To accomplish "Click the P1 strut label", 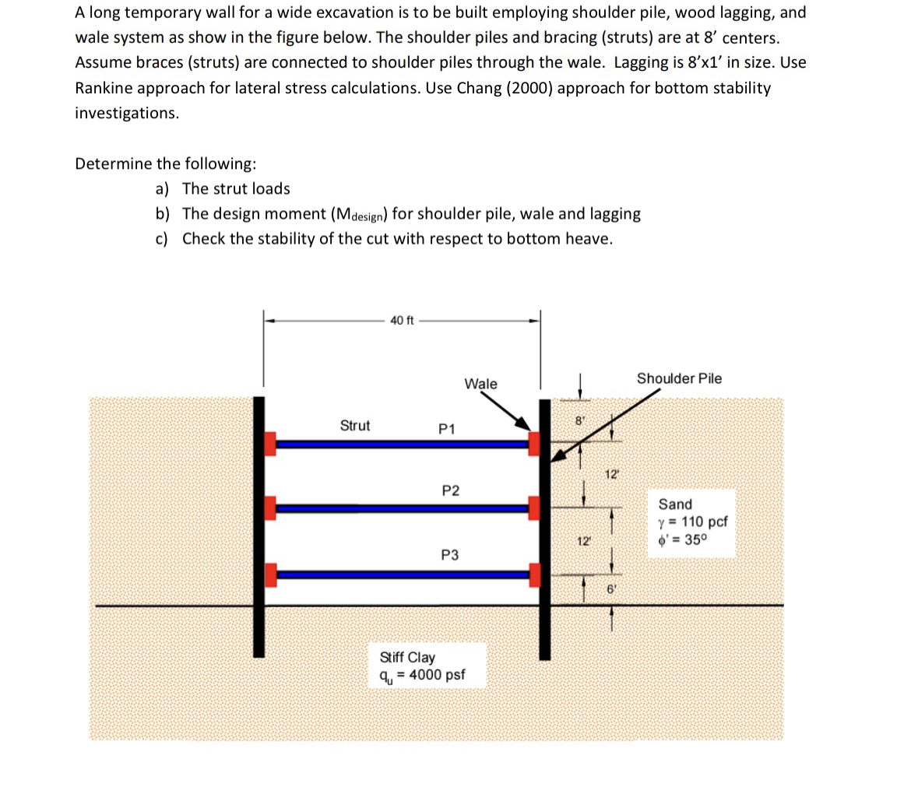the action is click(x=448, y=429).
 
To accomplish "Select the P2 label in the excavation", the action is click(x=450, y=490).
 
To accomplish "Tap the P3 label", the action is click(x=449, y=555).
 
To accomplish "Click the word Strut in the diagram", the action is click(x=355, y=426).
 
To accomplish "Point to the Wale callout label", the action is click(x=480, y=384).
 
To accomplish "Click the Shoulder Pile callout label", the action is click(x=679, y=378).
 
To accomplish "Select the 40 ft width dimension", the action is click(x=402, y=320).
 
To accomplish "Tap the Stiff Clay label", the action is click(x=406, y=658).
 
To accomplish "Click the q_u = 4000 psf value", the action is click(x=421, y=675).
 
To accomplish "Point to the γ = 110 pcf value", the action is click(x=693, y=522).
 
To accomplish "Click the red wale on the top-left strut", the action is click(x=270, y=443).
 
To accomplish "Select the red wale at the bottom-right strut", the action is click(x=535, y=575).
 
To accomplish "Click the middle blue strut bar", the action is click(x=403, y=508).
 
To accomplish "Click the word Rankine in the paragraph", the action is click(x=105, y=88).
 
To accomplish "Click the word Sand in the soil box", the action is click(x=675, y=504).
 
